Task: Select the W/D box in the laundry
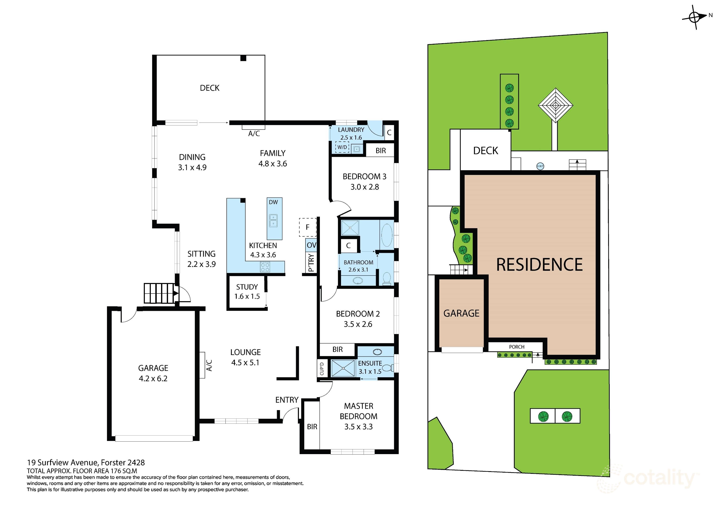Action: point(342,147)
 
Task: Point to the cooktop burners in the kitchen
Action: point(265,267)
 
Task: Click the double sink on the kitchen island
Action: point(273,220)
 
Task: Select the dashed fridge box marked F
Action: point(308,227)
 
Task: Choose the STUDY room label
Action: point(247,287)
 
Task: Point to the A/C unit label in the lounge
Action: point(209,365)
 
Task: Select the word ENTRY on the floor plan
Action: point(287,400)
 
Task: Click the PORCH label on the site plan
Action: point(516,347)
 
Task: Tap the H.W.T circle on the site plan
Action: point(540,166)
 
